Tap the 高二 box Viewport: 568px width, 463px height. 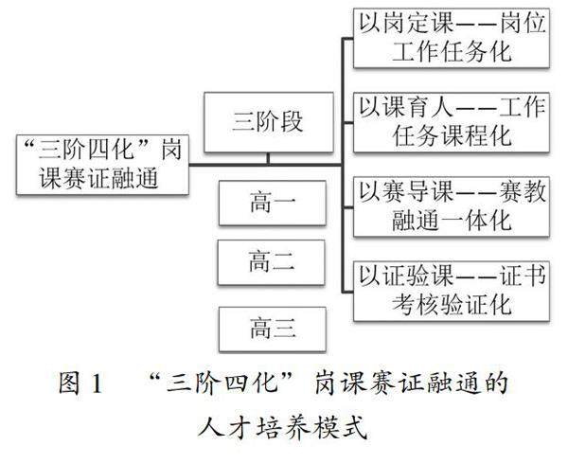273,263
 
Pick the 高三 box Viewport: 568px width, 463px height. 273,329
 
